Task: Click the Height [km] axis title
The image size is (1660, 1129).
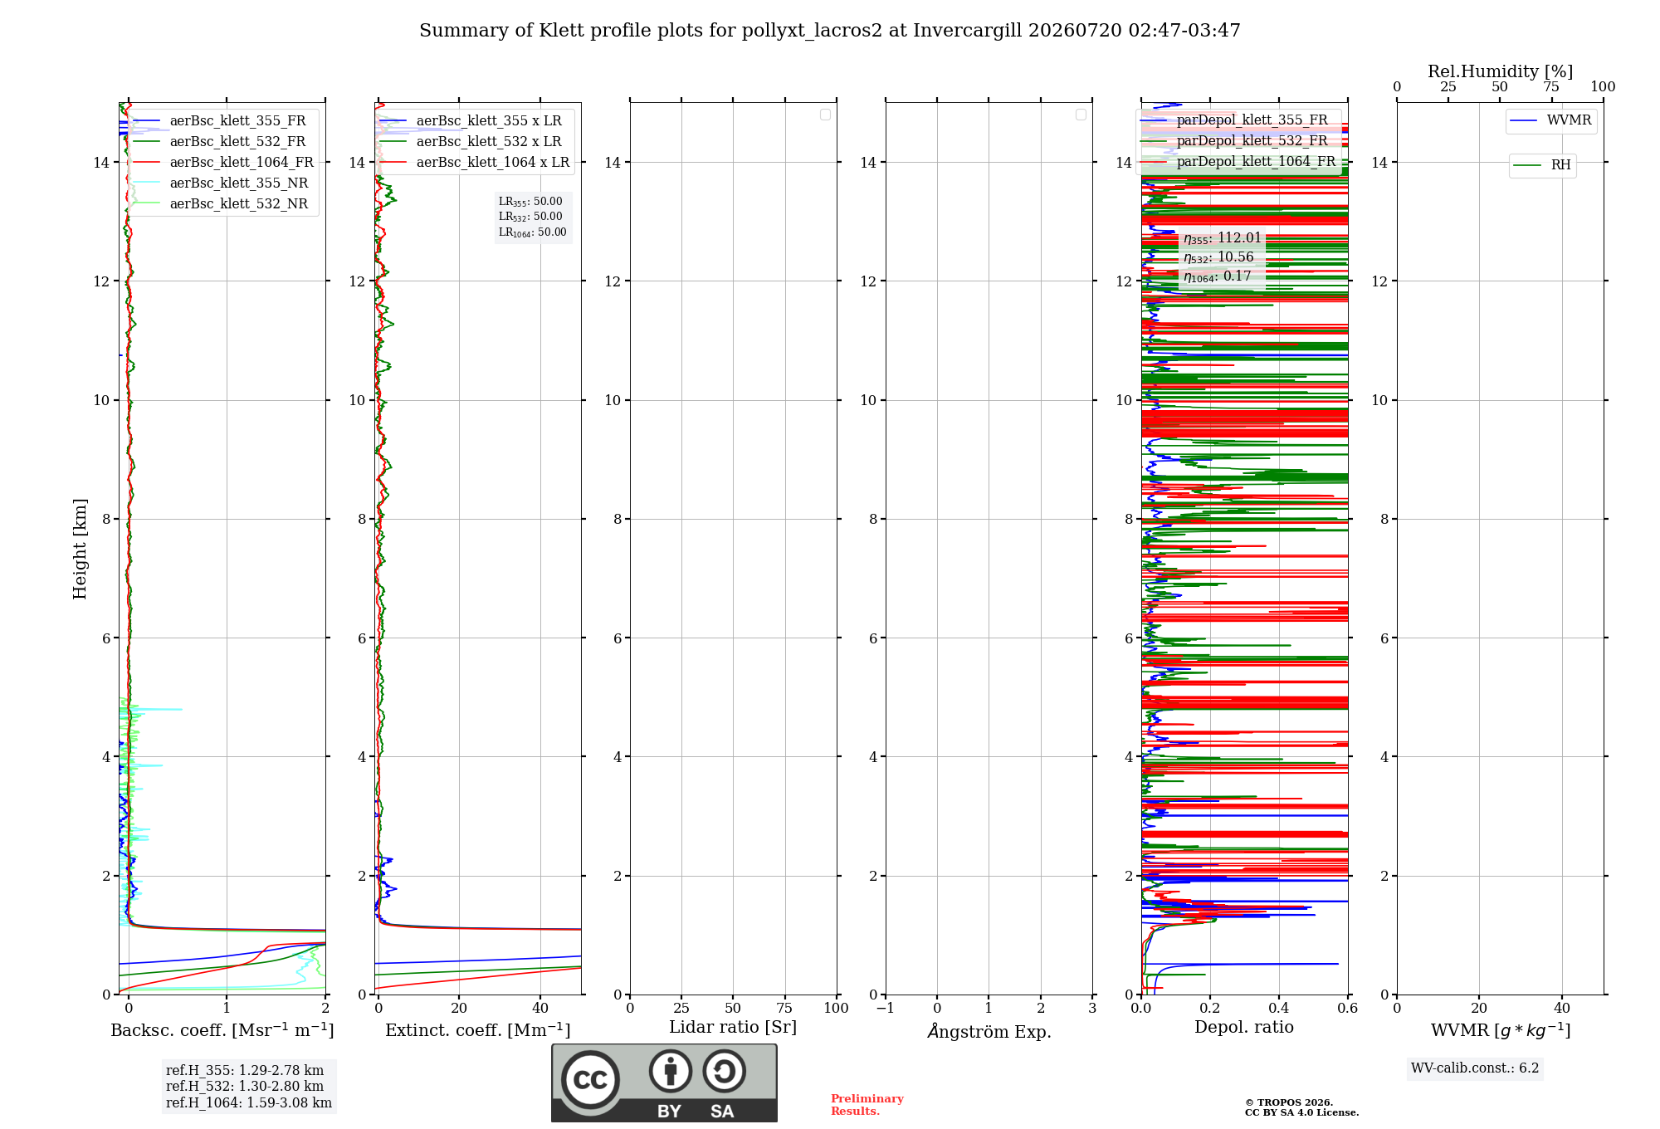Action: pos(80,549)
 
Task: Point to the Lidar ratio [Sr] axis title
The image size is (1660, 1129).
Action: pos(733,1028)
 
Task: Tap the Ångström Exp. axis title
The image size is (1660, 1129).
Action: pos(989,1031)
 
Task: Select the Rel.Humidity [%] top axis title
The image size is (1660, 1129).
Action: pos(1500,71)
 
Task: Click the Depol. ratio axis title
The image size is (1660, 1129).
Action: pos(1244,1028)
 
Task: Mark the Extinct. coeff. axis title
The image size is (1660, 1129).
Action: pos(478,1030)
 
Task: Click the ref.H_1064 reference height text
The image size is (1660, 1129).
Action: pos(249,1103)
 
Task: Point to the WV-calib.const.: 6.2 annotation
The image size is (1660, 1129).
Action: pos(1475,1068)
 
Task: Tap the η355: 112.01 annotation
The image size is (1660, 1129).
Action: pos(1223,238)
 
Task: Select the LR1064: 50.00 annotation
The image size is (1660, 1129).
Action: pos(533,232)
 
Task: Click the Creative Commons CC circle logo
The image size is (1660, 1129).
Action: pos(590,1080)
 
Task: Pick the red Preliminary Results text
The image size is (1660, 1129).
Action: pos(867,1105)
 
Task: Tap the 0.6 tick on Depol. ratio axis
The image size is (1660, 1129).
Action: pos(1347,1009)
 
